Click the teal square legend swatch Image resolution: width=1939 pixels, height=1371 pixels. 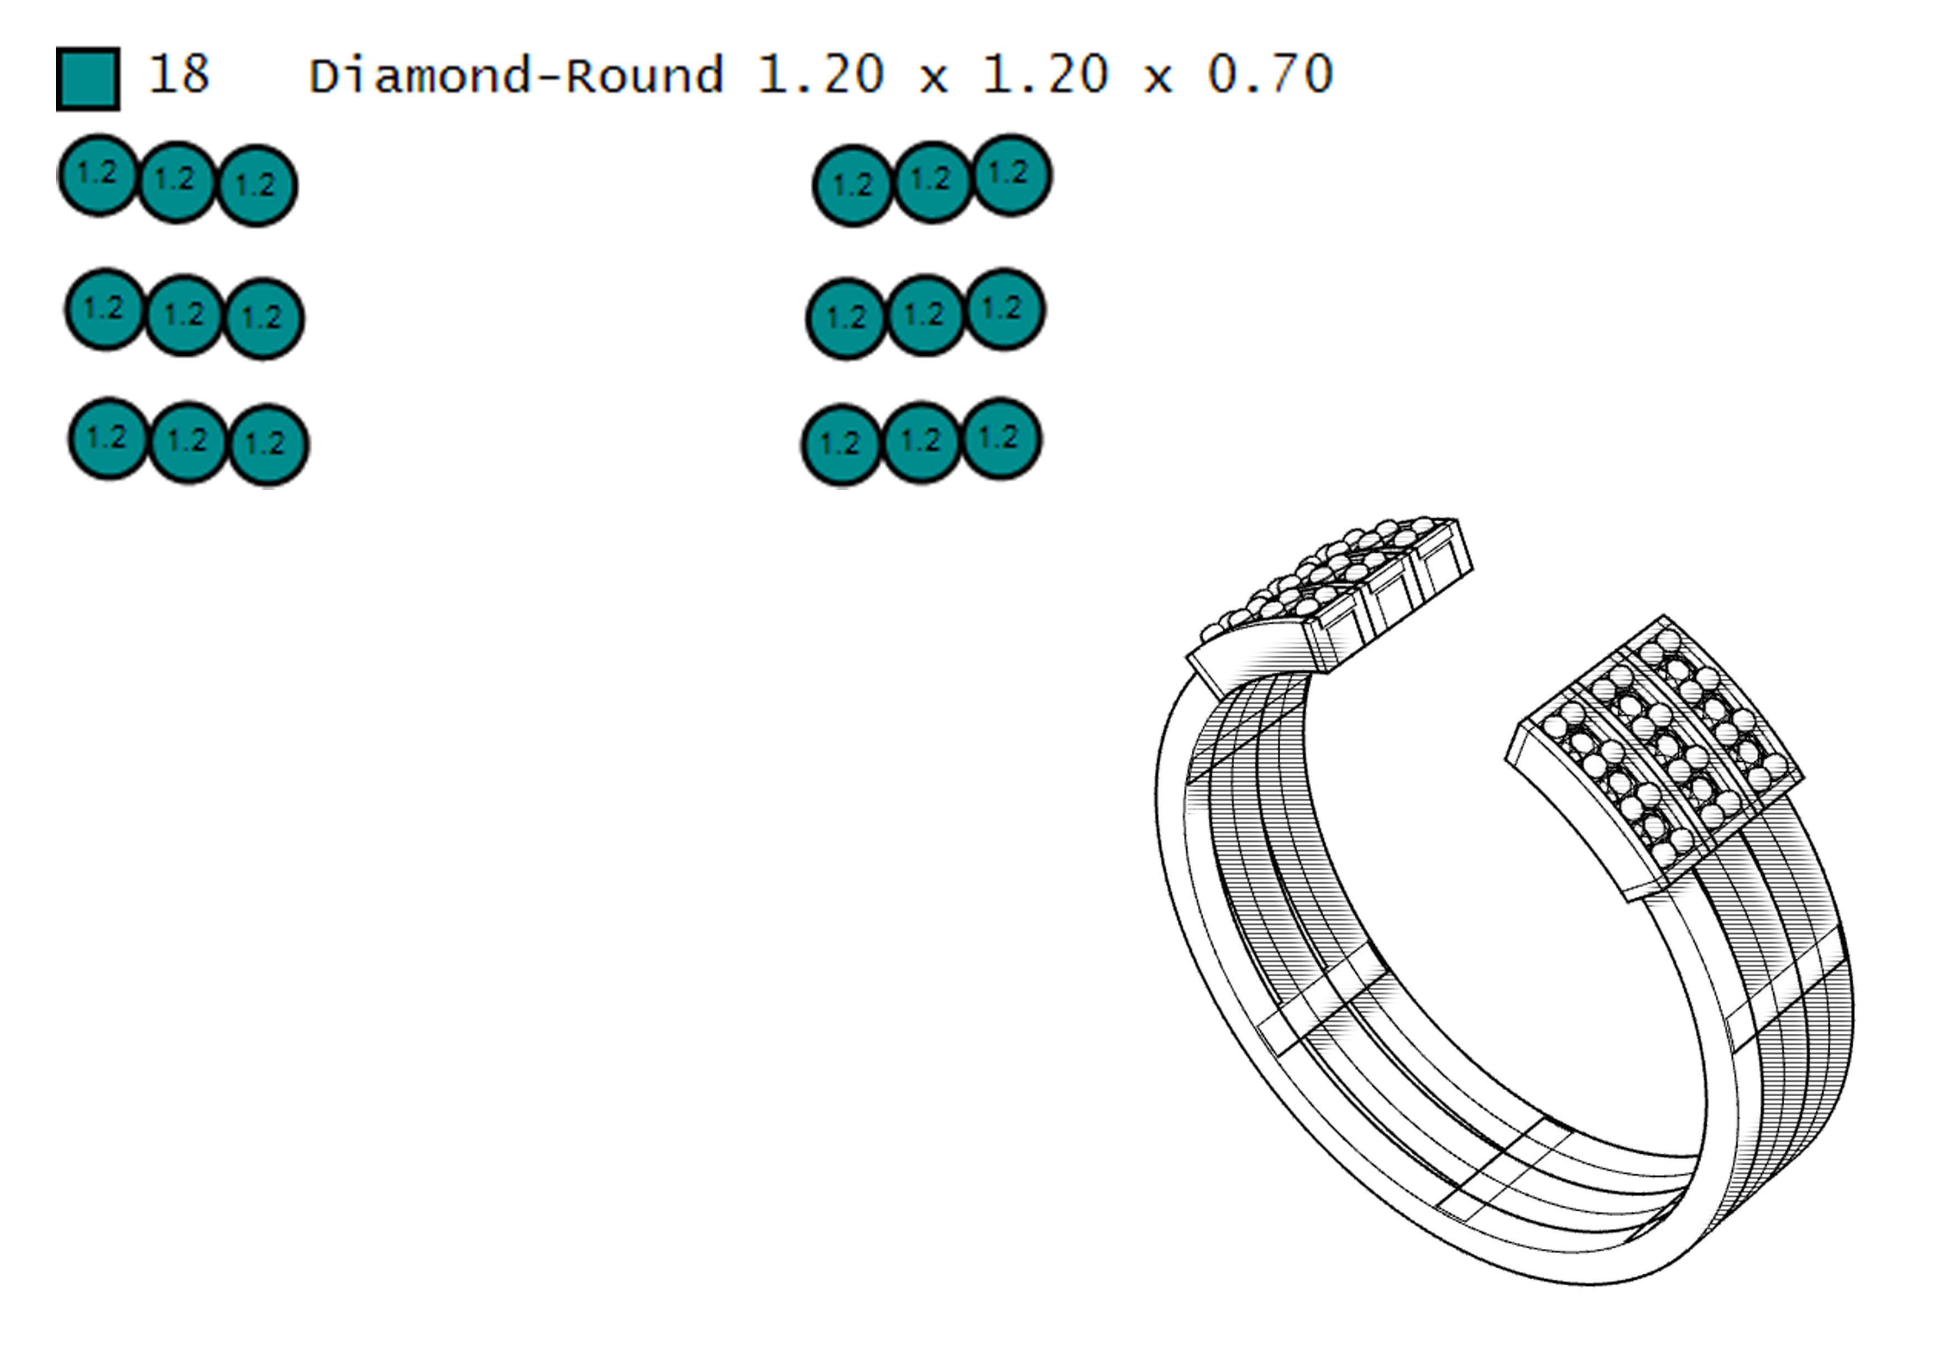click(x=88, y=79)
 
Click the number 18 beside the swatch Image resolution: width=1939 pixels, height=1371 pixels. click(x=178, y=74)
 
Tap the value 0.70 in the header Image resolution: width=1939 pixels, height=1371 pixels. click(x=1269, y=74)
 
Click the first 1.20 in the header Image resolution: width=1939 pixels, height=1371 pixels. click(x=820, y=74)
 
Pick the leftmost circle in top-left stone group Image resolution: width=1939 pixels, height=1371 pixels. click(x=98, y=175)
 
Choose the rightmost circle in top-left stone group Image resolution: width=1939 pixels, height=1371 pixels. click(x=256, y=186)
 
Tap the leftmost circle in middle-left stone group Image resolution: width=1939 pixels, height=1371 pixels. click(x=104, y=309)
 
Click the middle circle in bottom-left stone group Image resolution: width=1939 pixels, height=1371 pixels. click(x=187, y=441)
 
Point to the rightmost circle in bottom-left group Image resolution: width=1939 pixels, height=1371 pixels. click(x=268, y=445)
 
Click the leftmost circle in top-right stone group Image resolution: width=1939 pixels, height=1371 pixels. click(x=853, y=186)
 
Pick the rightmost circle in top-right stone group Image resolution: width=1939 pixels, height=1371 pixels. click(x=1011, y=175)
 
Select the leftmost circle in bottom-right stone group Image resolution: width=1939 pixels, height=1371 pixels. click(x=841, y=445)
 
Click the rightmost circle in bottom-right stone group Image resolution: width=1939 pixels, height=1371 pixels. click(x=1002, y=438)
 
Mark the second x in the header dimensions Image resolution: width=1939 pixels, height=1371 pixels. click(x=1157, y=78)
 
